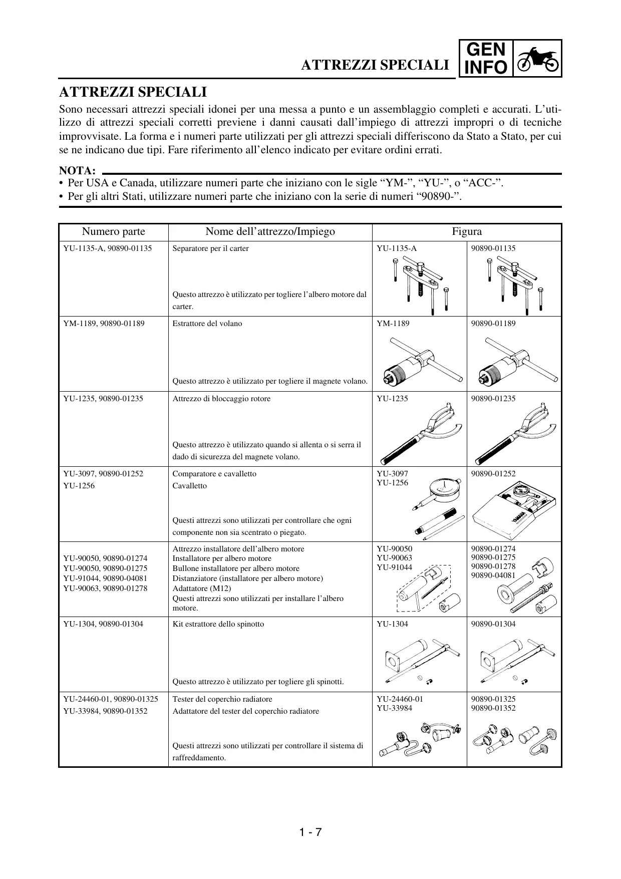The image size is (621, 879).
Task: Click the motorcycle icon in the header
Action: pos(537,58)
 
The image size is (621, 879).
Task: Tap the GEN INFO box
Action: pos(485,58)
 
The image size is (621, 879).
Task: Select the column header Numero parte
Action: pos(114,231)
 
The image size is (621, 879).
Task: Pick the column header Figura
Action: pos(467,231)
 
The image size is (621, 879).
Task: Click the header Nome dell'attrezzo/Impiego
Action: pos(270,231)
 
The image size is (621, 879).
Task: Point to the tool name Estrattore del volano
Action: pos(207,324)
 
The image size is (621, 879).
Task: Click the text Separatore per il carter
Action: pos(210,248)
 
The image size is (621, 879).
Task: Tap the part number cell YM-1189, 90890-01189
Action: pos(104,324)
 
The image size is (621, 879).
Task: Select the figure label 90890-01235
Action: pos(493,399)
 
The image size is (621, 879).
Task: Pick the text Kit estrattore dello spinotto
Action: pos(218,624)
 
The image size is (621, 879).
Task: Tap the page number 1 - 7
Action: pos(310,832)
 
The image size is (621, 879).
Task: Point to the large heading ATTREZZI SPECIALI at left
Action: pos(133,93)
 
